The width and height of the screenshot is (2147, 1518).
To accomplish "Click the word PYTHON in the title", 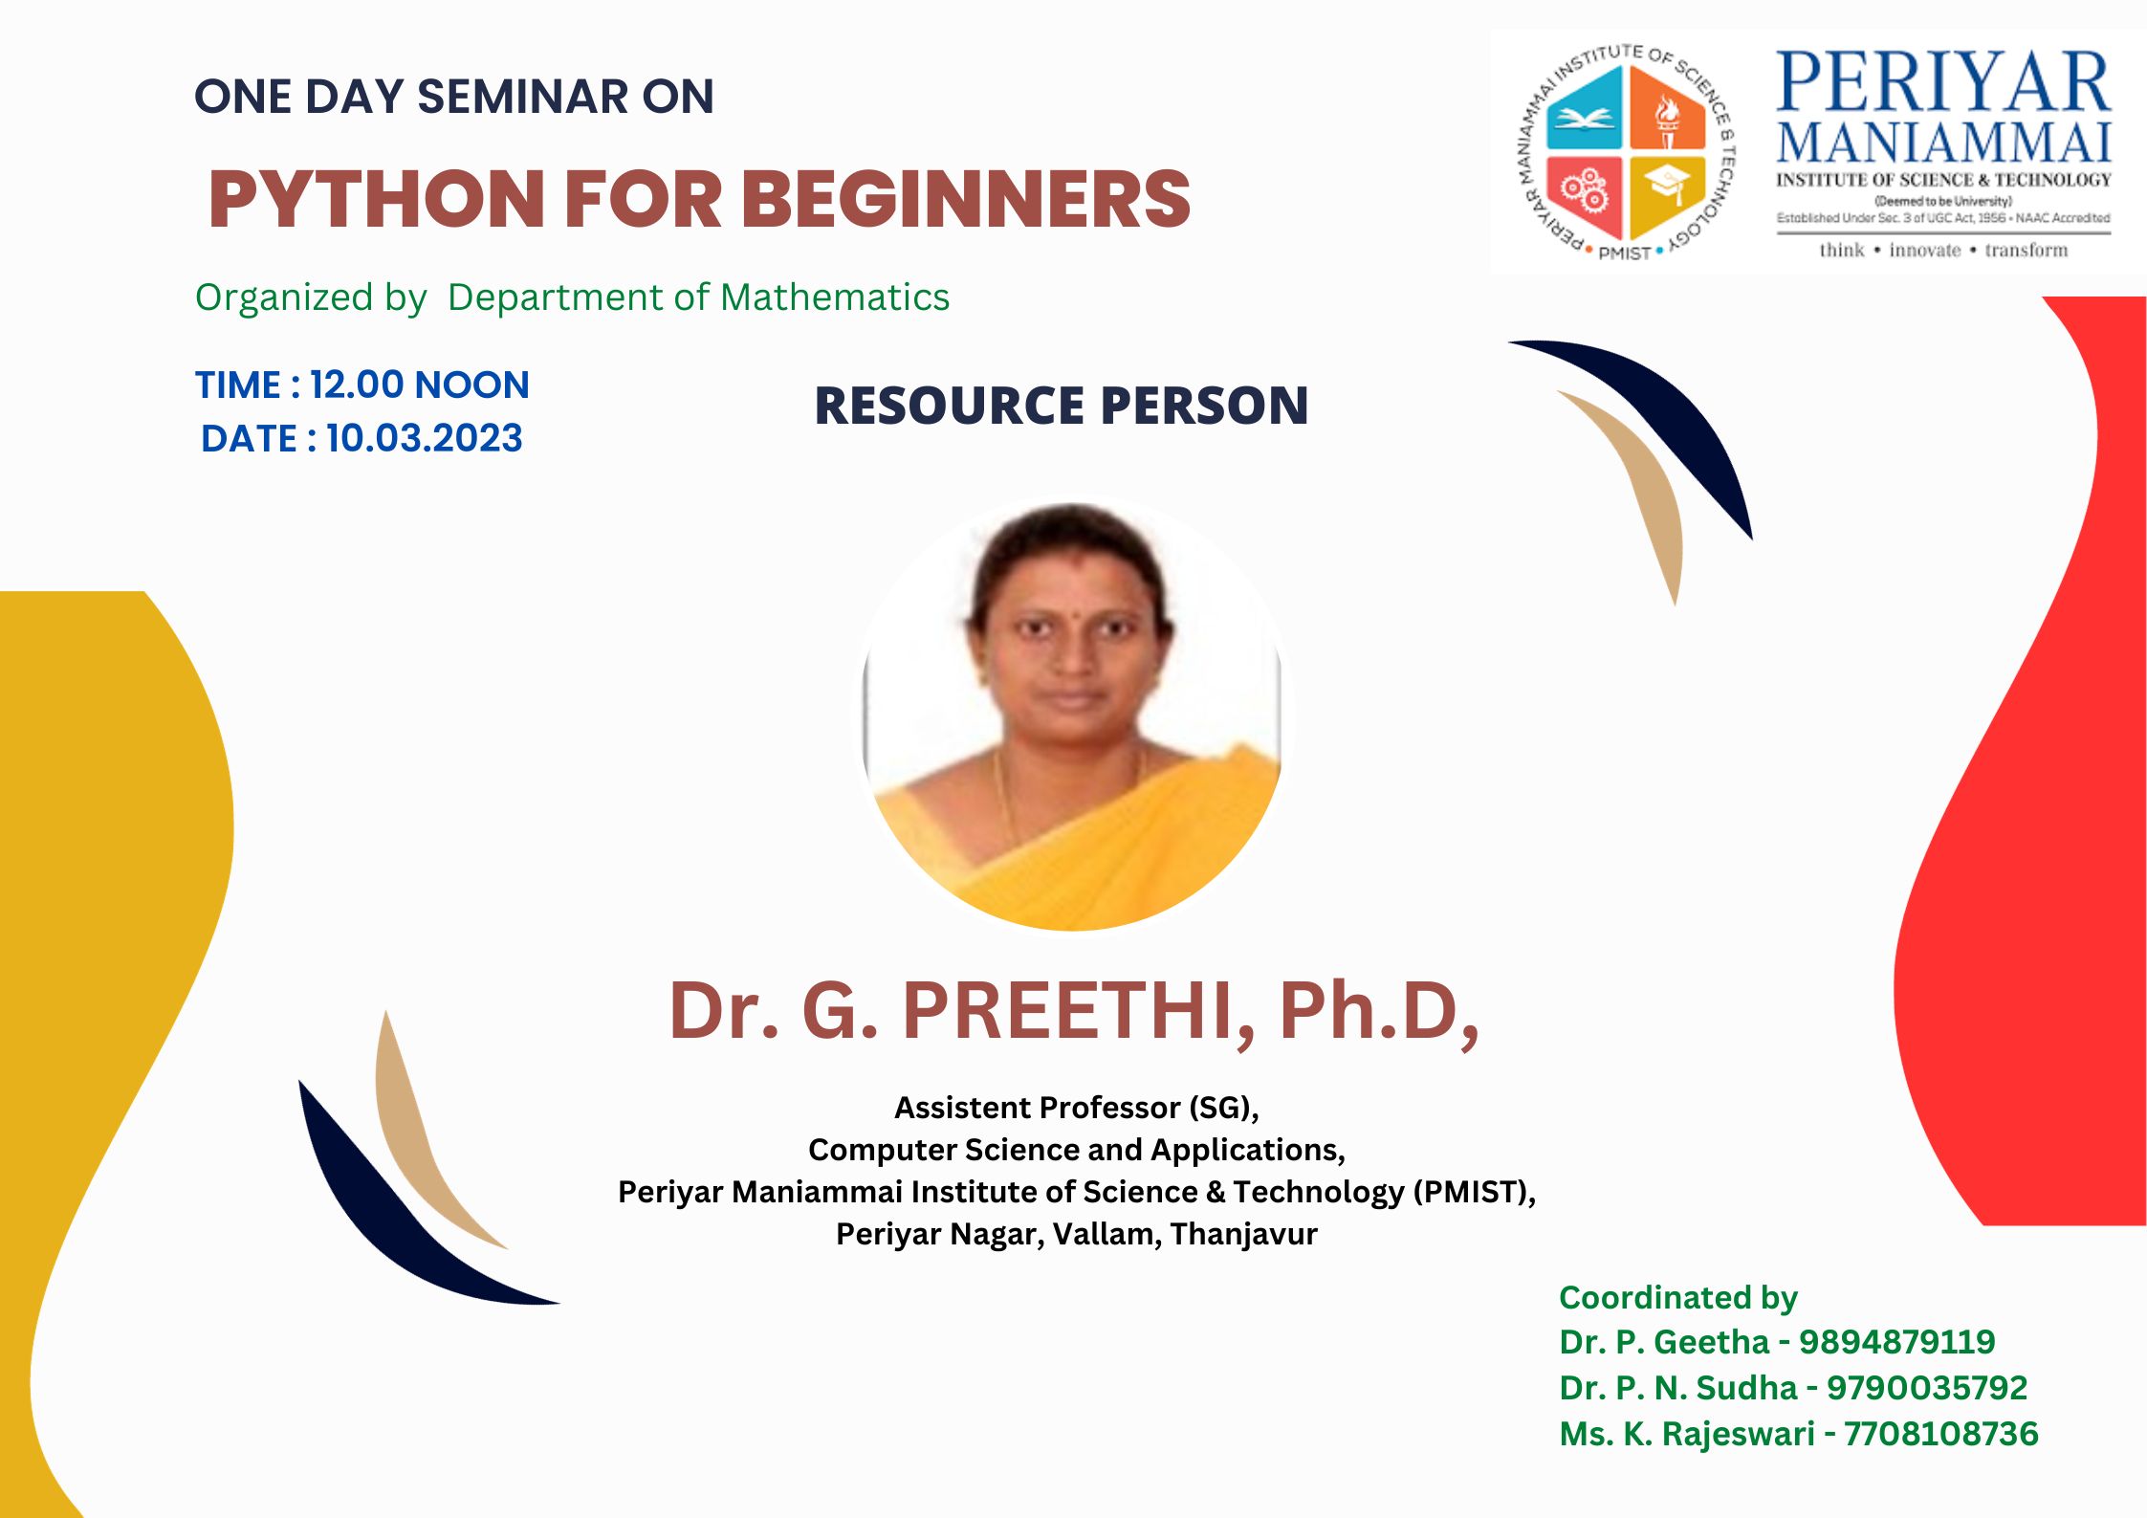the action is (377, 199).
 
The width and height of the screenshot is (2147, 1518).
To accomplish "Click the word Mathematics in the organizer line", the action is (834, 297).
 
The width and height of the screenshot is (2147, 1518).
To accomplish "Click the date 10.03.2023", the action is (425, 438).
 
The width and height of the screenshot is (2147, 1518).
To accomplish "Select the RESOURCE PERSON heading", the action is (1062, 406).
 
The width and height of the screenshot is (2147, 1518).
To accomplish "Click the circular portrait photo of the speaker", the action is (1072, 715).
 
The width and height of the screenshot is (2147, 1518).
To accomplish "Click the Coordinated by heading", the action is (1678, 1297).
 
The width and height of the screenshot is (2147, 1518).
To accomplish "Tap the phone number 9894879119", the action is (1897, 1342).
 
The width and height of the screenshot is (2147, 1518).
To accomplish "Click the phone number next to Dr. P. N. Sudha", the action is (1927, 1388).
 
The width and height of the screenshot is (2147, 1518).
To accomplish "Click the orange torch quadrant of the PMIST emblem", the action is (1667, 107).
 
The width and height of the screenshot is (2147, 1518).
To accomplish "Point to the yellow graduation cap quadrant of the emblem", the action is (1667, 195).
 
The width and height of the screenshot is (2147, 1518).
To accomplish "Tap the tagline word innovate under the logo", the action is (1925, 251).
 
